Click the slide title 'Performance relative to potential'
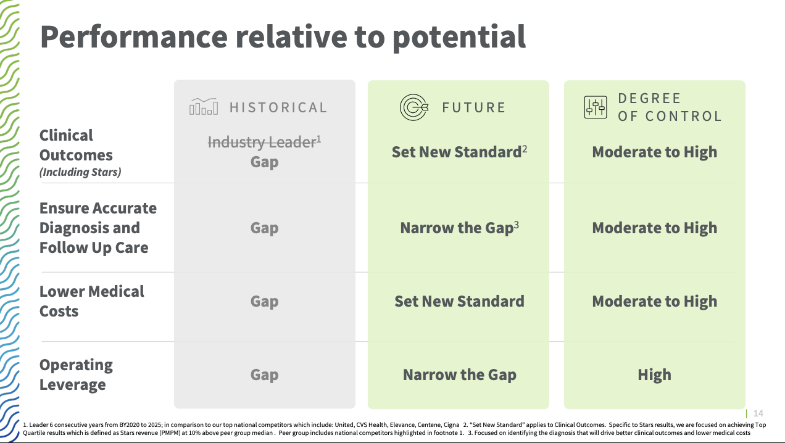tap(283, 36)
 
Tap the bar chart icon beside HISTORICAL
tap(203, 107)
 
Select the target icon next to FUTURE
tap(413, 107)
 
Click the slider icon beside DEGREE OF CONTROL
tap(596, 107)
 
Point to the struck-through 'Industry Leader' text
tap(262, 143)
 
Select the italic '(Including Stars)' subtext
tap(80, 172)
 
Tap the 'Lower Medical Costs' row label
tap(91, 301)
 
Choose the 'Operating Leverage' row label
tap(76, 375)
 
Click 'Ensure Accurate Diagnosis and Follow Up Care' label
tap(98, 228)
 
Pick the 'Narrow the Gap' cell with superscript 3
tap(459, 228)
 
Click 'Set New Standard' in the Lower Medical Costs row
tap(459, 301)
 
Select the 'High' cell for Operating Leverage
tap(654, 375)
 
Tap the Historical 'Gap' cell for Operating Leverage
tap(264, 375)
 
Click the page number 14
tap(758, 413)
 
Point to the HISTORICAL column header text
tap(278, 107)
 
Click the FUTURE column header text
tap(473, 107)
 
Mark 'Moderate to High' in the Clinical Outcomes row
tap(654, 152)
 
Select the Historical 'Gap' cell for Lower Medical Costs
tap(264, 301)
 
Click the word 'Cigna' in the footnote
tap(451, 424)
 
